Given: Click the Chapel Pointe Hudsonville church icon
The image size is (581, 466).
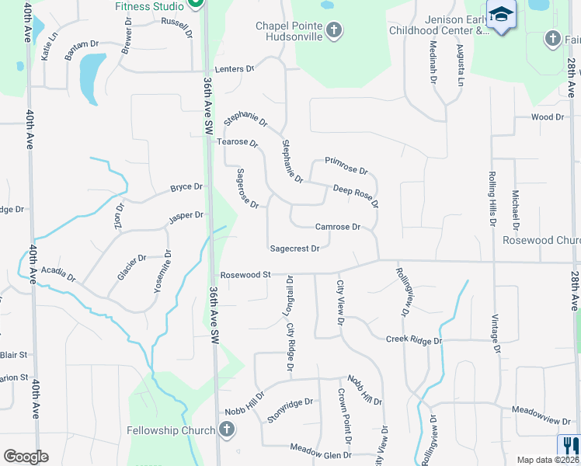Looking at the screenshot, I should point(333,30).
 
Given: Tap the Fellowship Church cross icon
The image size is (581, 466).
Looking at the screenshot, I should point(226,429).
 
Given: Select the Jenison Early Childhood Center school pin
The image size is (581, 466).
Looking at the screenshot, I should point(501,15).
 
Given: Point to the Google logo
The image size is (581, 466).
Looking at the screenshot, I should point(26,457).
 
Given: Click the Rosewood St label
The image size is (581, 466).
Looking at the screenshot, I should point(245,275).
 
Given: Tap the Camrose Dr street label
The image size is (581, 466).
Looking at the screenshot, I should point(338,228).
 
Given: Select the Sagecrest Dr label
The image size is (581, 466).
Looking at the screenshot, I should point(294,249).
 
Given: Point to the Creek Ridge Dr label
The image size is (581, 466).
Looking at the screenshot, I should point(414,340).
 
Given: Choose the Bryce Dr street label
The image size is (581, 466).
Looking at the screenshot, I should point(186,188).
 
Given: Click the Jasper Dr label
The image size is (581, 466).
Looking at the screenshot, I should point(186,216).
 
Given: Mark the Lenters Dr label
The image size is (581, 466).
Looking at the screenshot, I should point(238,69).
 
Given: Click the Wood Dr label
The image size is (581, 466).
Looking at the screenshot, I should point(547,117).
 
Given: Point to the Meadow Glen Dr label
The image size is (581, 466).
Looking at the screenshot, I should point(321,448).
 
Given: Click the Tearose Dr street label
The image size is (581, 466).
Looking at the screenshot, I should point(237,143).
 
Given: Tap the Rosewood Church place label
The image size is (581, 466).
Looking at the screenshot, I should point(541,241).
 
